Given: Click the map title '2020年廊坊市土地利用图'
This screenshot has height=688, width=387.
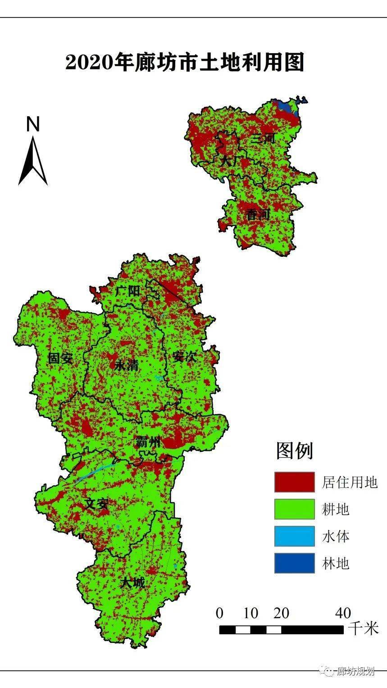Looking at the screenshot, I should point(185,63).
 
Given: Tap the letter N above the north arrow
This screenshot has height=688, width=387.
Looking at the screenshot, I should point(33,124).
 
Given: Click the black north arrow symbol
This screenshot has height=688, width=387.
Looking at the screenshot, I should point(33,160).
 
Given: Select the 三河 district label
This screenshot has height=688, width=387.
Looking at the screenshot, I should point(264,138).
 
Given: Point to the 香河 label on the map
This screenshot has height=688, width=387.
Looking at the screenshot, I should point(258,215).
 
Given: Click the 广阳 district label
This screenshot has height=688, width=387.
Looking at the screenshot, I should point(127,291).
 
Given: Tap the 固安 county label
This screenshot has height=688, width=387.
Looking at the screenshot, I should point(61,358).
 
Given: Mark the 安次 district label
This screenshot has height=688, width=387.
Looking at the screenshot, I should point(185,357).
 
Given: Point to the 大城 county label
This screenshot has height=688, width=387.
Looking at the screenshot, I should point(133,583).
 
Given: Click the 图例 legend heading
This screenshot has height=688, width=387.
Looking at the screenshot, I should point(295,450).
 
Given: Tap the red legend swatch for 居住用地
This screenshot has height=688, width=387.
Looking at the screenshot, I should point(295,482).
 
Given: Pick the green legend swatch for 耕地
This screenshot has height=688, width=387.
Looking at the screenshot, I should point(295,509).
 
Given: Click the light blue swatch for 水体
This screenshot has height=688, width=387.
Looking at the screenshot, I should point(295,536).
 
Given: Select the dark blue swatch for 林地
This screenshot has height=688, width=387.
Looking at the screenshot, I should point(295,563).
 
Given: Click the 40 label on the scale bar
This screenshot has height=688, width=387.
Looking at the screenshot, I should point(343,613).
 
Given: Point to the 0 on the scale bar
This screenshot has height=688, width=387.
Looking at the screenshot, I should point(220,613).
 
